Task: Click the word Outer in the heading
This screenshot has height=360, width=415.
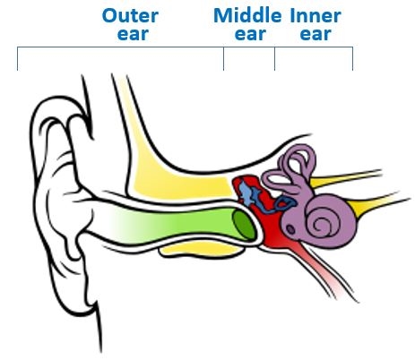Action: tap(130, 15)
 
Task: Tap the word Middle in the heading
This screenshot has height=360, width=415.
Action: tap(247, 15)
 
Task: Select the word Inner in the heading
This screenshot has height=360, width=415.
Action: tap(316, 15)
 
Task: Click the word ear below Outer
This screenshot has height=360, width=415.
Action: tap(133, 34)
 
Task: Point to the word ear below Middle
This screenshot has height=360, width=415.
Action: tap(250, 34)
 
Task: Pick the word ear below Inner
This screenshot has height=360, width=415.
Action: tap(316, 34)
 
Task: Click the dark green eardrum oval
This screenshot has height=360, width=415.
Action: tap(244, 224)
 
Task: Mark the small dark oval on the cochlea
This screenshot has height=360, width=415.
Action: tap(290, 229)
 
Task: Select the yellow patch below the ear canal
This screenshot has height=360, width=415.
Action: tap(201, 249)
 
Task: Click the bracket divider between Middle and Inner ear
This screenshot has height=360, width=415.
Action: tap(275, 58)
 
